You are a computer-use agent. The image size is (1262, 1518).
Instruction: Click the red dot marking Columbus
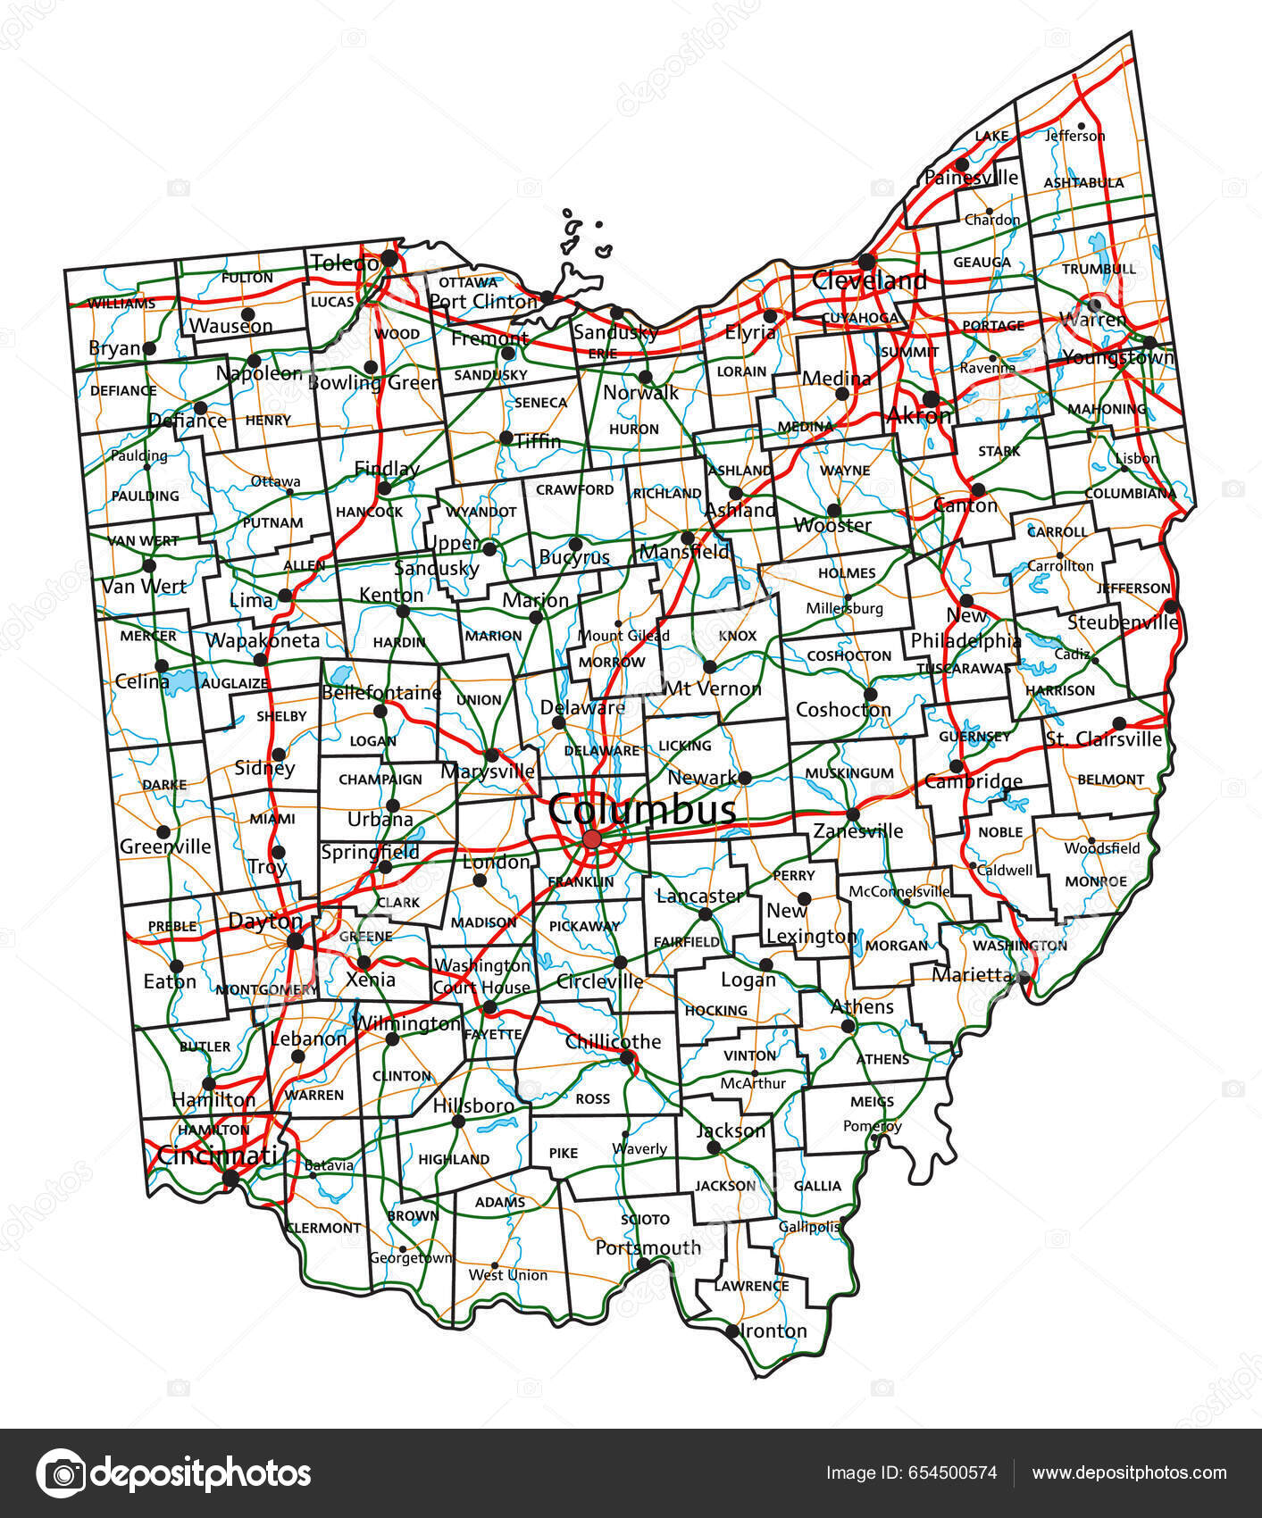(x=592, y=839)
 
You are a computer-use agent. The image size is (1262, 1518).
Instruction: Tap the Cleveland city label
(x=868, y=280)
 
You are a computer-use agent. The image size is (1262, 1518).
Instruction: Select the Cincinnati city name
(x=217, y=1155)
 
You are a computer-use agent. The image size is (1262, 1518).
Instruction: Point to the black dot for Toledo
(x=389, y=258)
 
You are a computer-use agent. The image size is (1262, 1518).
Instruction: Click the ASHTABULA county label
(x=1083, y=183)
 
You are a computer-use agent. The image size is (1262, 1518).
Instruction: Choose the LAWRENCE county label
(x=751, y=1286)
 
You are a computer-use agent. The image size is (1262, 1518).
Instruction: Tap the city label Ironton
(x=774, y=1330)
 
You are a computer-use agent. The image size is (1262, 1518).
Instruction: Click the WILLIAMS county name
(x=121, y=304)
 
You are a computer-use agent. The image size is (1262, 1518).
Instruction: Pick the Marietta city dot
(x=1024, y=978)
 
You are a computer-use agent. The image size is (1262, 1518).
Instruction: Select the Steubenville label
(x=1123, y=622)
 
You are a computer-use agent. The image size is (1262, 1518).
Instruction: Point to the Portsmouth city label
(x=648, y=1247)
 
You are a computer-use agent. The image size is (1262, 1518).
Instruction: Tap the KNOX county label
(x=738, y=636)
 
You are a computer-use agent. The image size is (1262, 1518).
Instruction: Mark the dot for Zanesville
(x=853, y=814)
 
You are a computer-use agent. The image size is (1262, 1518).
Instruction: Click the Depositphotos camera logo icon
(x=62, y=1473)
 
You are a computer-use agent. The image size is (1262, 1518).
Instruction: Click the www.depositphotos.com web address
(x=1129, y=1473)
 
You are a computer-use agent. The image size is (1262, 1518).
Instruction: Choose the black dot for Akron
(x=931, y=398)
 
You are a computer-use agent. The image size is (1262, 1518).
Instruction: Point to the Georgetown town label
(x=411, y=1258)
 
